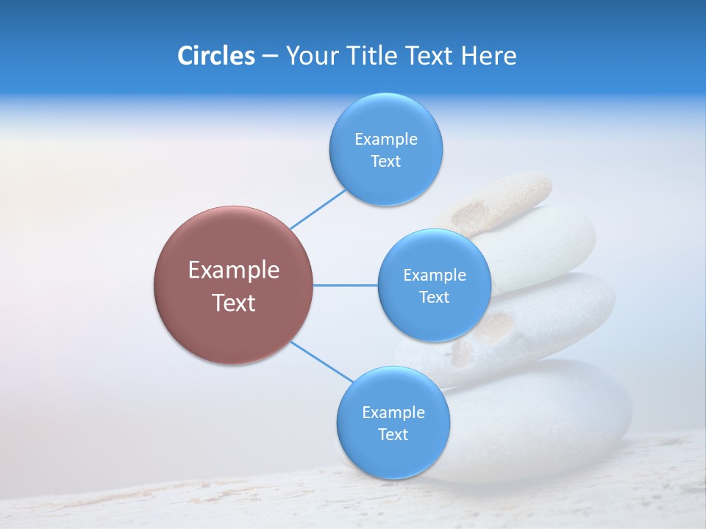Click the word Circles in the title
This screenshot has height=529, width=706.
pyautogui.click(x=215, y=56)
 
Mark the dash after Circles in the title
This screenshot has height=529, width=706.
pyautogui.click(x=270, y=57)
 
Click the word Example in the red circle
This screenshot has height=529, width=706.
pyautogui.click(x=234, y=270)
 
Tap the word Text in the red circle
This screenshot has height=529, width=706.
pyautogui.click(x=234, y=303)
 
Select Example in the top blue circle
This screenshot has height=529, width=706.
pyautogui.click(x=386, y=140)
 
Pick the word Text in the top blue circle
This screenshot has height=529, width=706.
pyautogui.click(x=386, y=162)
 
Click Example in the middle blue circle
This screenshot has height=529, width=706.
pyautogui.click(x=435, y=276)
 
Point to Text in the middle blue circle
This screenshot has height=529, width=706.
pyautogui.click(x=435, y=298)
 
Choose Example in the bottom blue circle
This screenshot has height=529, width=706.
pyautogui.click(x=393, y=413)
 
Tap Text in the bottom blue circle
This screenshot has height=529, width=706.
pyautogui.click(x=393, y=435)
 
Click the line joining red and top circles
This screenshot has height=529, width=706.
pyautogui.click(x=318, y=209)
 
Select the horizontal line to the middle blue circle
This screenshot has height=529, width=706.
pyautogui.click(x=345, y=285)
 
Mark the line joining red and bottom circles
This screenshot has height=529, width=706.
pyautogui.click(x=322, y=361)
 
